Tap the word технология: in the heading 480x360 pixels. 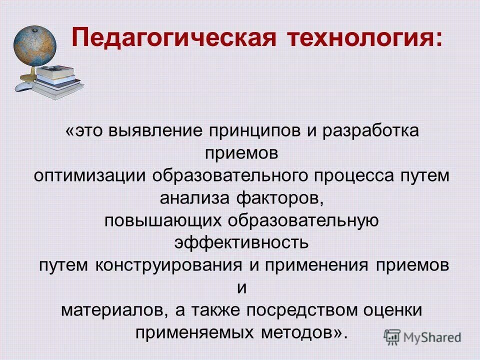364,38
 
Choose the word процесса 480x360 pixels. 357,176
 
